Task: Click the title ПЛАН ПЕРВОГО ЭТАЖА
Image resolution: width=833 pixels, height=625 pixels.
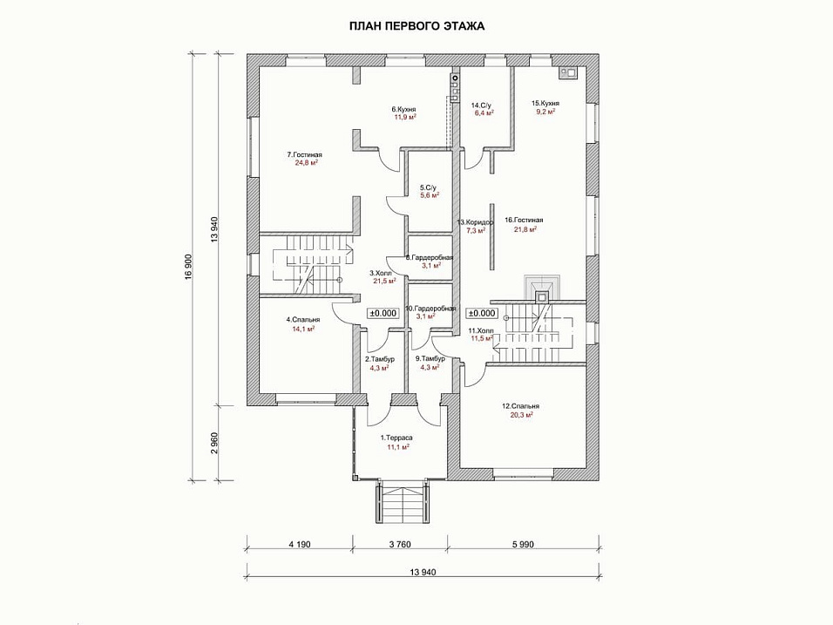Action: click(416, 26)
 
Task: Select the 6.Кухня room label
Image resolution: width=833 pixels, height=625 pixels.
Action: click(403, 109)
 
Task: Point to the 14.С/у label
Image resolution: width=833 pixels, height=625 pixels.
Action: click(483, 105)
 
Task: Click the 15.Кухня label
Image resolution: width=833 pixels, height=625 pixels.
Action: click(545, 103)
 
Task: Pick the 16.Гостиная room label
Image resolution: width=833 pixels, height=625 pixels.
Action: click(523, 220)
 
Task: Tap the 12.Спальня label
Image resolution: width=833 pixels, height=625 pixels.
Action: click(520, 406)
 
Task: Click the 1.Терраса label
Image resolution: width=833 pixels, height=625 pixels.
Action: click(397, 438)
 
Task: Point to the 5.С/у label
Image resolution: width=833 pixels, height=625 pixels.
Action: click(427, 187)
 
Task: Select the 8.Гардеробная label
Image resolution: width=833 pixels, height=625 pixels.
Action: click(430, 257)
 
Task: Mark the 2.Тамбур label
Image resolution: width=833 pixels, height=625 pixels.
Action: click(380, 359)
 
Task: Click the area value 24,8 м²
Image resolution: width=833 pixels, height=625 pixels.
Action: click(305, 162)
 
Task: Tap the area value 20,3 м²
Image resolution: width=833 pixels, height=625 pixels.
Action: click(520, 415)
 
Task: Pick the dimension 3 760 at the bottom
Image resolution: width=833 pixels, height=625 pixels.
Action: click(397, 545)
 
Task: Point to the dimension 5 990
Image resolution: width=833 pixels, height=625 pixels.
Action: click(520, 545)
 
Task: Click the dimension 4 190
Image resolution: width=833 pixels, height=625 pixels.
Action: click(297, 545)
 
